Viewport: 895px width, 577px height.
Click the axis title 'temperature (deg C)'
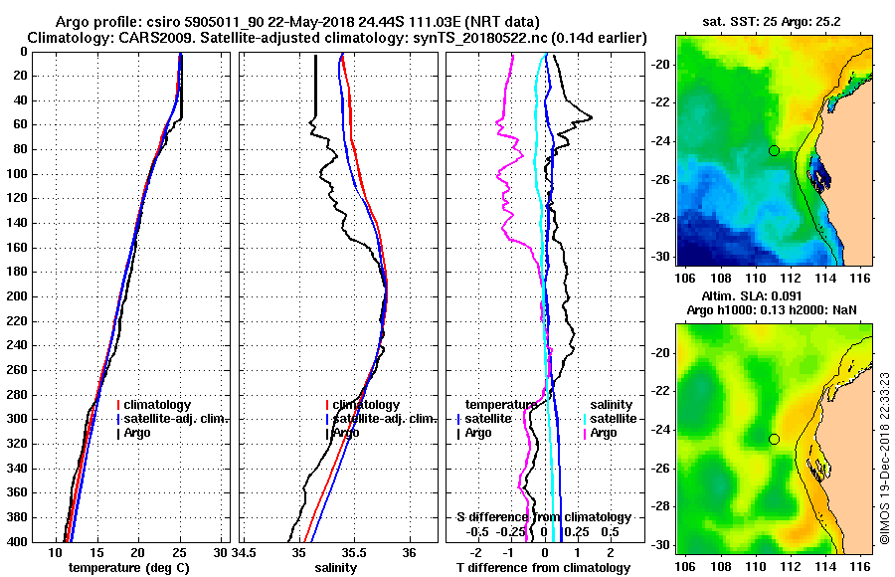[128, 568]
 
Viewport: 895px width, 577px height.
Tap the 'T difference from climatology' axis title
[543, 568]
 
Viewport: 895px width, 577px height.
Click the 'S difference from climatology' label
[543, 517]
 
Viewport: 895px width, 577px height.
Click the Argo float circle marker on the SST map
[774, 150]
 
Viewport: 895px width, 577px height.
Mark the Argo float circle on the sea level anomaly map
[774, 439]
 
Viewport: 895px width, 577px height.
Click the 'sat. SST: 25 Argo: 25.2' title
[773, 22]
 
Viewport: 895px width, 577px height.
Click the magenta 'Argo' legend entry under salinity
[603, 433]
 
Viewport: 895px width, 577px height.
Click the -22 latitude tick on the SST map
[659, 102]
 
